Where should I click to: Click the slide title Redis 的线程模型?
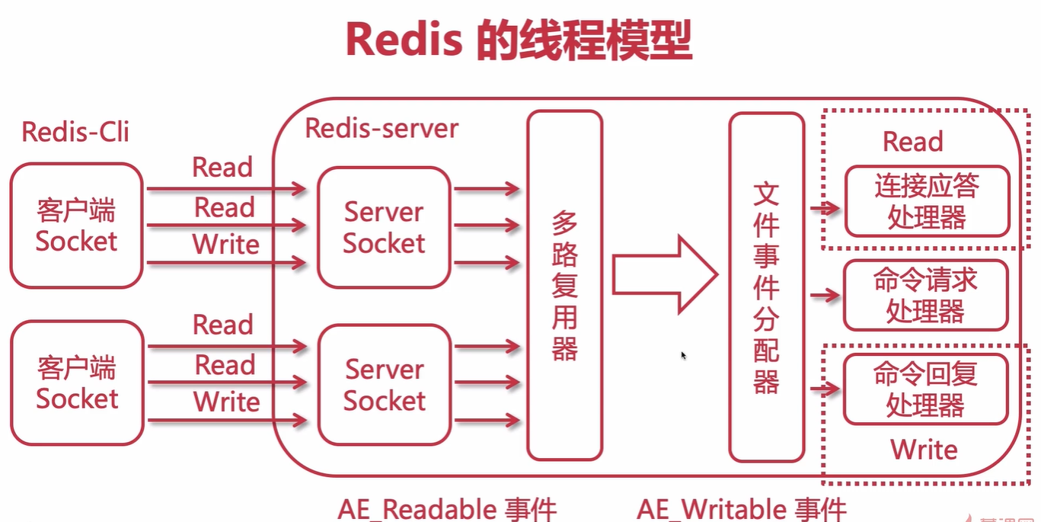click(519, 40)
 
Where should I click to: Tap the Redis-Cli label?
click(75, 132)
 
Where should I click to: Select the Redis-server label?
click(382, 128)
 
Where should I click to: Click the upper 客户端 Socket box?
click(76, 226)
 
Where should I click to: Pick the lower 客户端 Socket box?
click(77, 383)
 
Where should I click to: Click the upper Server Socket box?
click(384, 227)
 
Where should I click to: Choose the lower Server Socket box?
click(384, 385)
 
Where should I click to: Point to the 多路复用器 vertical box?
click(564, 285)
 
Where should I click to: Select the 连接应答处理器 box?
click(926, 202)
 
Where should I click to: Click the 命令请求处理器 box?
click(925, 296)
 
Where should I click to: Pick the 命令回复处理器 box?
click(925, 389)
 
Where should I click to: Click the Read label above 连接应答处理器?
click(912, 142)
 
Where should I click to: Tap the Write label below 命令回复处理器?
click(924, 449)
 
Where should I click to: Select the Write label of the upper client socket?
click(225, 245)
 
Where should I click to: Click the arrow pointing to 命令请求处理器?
click(824, 295)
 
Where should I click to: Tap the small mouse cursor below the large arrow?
click(684, 355)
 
